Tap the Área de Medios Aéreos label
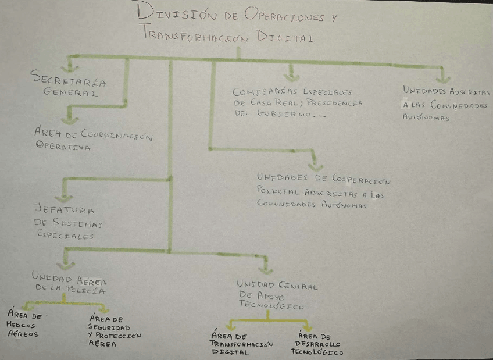tap(25, 325)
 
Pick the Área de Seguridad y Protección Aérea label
tap(115, 331)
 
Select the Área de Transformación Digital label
tap(241, 344)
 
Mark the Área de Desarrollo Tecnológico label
tap(316, 344)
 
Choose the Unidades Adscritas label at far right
tap(446, 104)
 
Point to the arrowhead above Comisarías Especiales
tap(292, 76)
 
